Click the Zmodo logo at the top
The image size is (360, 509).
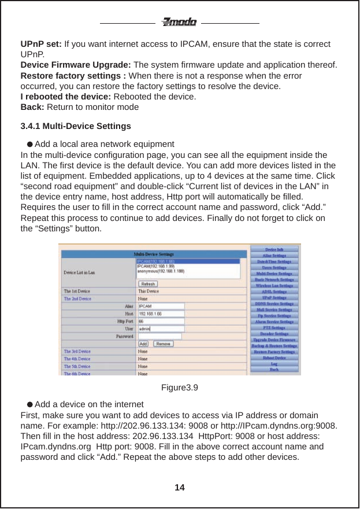(179, 23)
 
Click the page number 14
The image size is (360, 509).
(180, 488)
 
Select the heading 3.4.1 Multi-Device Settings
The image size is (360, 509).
(76, 126)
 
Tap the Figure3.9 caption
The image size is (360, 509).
(180, 387)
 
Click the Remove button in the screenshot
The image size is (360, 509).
(164, 344)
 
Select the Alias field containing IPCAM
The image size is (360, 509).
(161, 306)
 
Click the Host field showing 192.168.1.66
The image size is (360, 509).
(161, 313)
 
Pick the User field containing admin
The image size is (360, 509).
(161, 329)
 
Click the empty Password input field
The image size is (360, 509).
(159, 336)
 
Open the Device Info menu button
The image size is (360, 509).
(274, 249)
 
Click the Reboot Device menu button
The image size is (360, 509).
(274, 358)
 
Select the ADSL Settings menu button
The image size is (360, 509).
(274, 292)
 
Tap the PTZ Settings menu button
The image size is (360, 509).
(274, 328)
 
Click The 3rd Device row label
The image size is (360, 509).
(77, 351)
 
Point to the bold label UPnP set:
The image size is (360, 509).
(41, 44)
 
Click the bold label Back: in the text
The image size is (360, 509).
(32, 107)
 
